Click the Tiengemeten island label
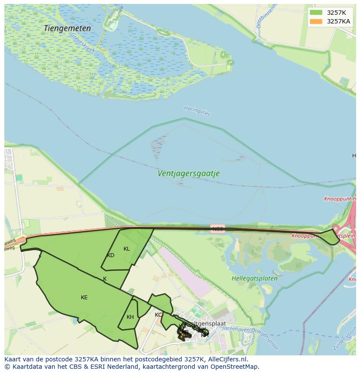coord(67,28)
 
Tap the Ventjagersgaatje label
coord(188,173)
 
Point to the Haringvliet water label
coord(197,111)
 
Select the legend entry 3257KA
coord(338,21)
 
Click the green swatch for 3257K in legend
coord(316,13)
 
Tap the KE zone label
coord(84,298)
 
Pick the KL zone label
coord(127,249)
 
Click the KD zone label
coord(110,255)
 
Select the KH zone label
coord(130,317)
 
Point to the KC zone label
coord(158,315)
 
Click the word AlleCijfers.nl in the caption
coord(226,359)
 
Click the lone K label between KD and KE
coord(105,279)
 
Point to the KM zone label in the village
coord(204,335)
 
